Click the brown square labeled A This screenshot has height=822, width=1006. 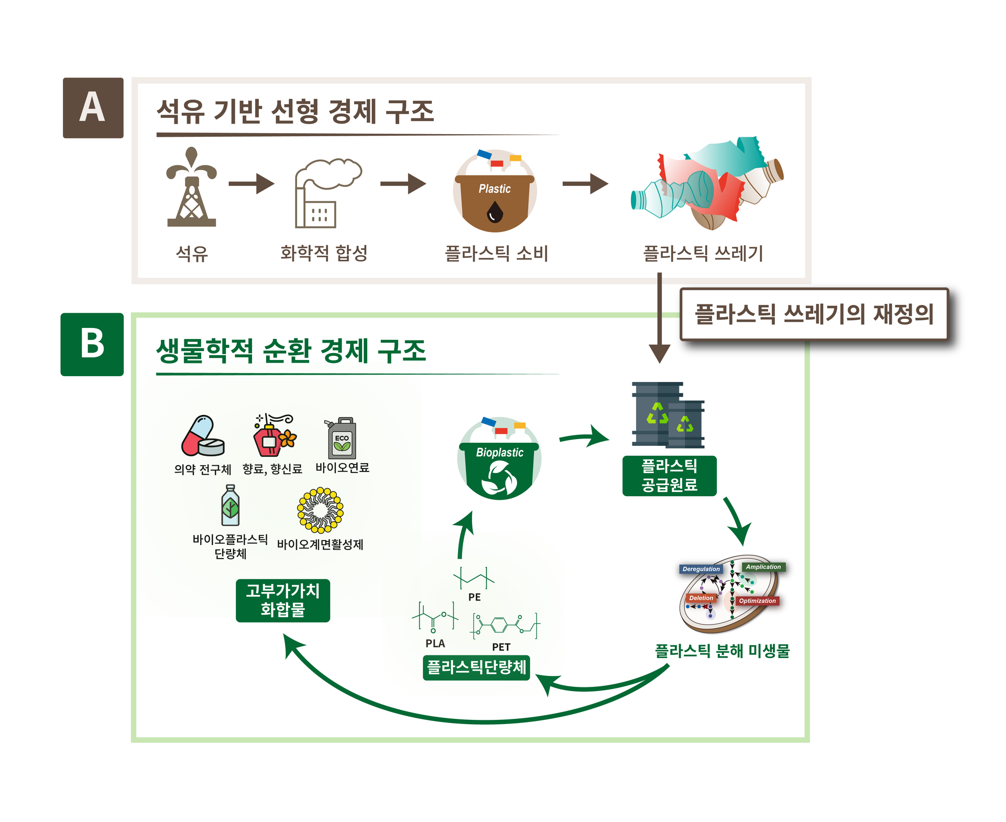pyautogui.click(x=93, y=108)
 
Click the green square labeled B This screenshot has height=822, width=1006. pyautogui.click(x=92, y=344)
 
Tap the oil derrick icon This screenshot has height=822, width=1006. pyautogui.click(x=191, y=189)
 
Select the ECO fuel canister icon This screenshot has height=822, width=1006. pyautogui.click(x=342, y=439)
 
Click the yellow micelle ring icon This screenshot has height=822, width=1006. pyautogui.click(x=320, y=510)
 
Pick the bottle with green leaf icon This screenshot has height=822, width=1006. pyautogui.click(x=230, y=506)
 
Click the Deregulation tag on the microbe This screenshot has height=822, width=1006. pyautogui.click(x=701, y=569)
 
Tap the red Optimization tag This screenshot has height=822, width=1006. pyautogui.click(x=757, y=601)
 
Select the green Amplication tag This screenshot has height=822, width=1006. pyautogui.click(x=763, y=567)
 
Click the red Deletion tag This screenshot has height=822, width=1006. pyautogui.click(x=701, y=598)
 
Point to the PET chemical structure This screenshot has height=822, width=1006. pyautogui.click(x=505, y=625)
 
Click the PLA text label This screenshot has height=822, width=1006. pyautogui.click(x=435, y=643)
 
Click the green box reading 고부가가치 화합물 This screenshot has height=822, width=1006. pyautogui.click(x=282, y=600)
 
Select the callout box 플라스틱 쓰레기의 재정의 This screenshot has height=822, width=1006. pyautogui.click(x=814, y=314)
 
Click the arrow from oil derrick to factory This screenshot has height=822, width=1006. pyautogui.click(x=251, y=183)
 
